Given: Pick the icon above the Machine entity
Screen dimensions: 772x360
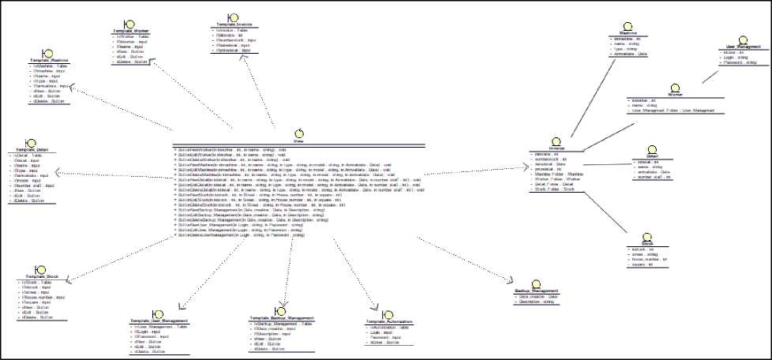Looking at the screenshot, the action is pyautogui.click(x=628, y=26).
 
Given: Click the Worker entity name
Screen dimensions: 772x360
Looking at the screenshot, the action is pyautogui.click(x=673, y=95).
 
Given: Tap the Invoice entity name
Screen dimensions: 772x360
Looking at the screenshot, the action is pyautogui.click(x=557, y=148).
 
